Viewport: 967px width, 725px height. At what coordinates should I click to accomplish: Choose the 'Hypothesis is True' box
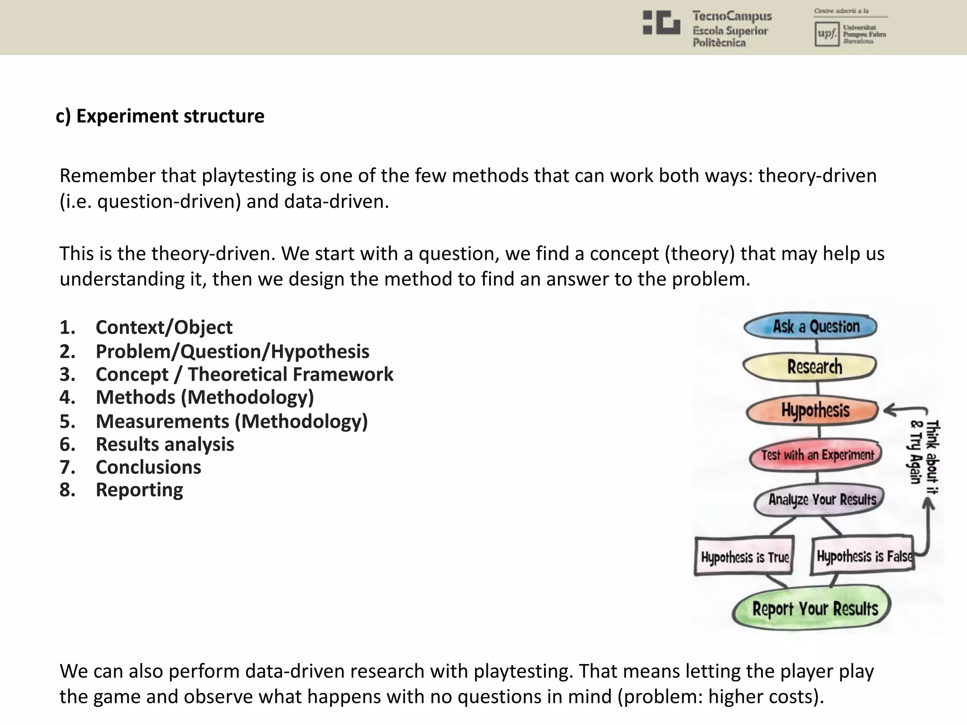coord(744,556)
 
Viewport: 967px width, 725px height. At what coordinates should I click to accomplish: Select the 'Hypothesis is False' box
coord(862,556)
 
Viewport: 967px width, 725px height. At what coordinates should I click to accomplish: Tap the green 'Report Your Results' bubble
coord(812,608)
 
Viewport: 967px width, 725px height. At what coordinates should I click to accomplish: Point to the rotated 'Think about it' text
coord(932,457)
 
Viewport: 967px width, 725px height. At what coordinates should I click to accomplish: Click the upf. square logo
coord(827,34)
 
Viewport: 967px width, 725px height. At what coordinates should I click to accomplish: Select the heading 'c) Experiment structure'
coord(160,116)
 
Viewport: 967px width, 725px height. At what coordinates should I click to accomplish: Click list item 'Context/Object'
coord(164,327)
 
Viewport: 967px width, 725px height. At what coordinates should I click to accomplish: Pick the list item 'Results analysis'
coord(165,444)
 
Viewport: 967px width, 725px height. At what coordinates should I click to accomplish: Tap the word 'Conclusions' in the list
coord(148,467)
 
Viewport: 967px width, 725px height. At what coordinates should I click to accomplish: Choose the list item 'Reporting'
coord(139,490)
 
